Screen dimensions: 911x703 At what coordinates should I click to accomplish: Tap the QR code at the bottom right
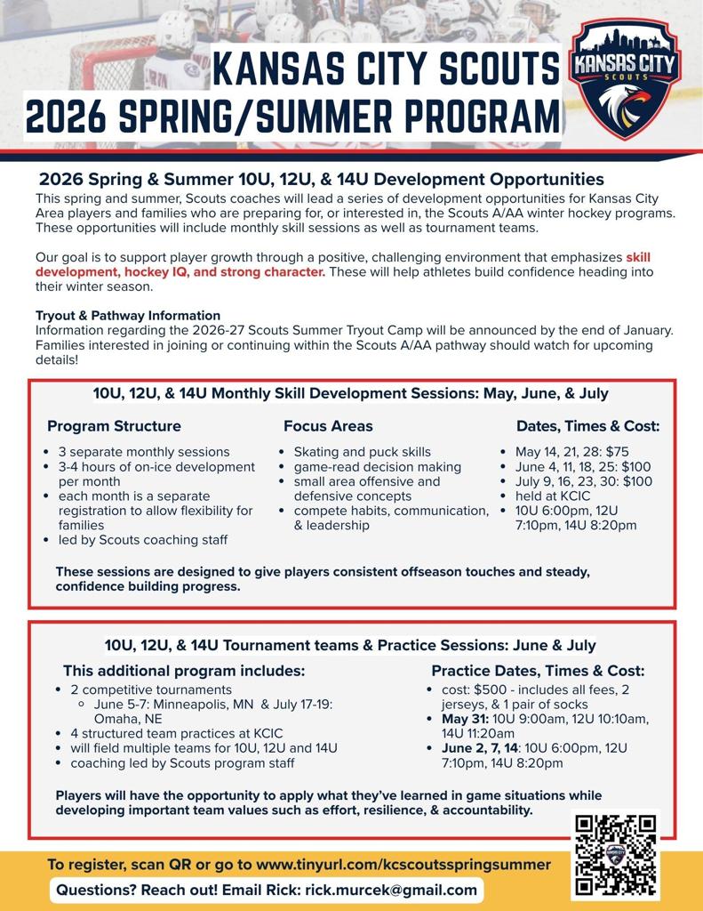coord(616,855)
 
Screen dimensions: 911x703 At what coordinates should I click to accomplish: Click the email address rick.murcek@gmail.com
coord(391,890)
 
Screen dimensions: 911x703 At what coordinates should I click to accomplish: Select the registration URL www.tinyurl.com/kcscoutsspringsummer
coord(403,864)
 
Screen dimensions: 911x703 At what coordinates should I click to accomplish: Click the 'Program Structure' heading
coord(114,426)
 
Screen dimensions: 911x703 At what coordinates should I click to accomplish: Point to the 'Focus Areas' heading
coord(328,426)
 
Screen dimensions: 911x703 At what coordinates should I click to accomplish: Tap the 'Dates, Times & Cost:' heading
coord(588,426)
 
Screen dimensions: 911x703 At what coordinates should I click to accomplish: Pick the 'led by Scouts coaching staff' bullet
coord(143,539)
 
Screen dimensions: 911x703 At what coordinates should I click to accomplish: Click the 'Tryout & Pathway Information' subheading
coord(128,315)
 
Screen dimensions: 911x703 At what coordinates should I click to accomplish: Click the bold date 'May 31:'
coord(463,719)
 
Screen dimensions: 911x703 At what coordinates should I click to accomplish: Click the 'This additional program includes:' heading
coord(184,670)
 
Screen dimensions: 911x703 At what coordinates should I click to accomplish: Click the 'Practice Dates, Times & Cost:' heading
coord(538,670)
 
